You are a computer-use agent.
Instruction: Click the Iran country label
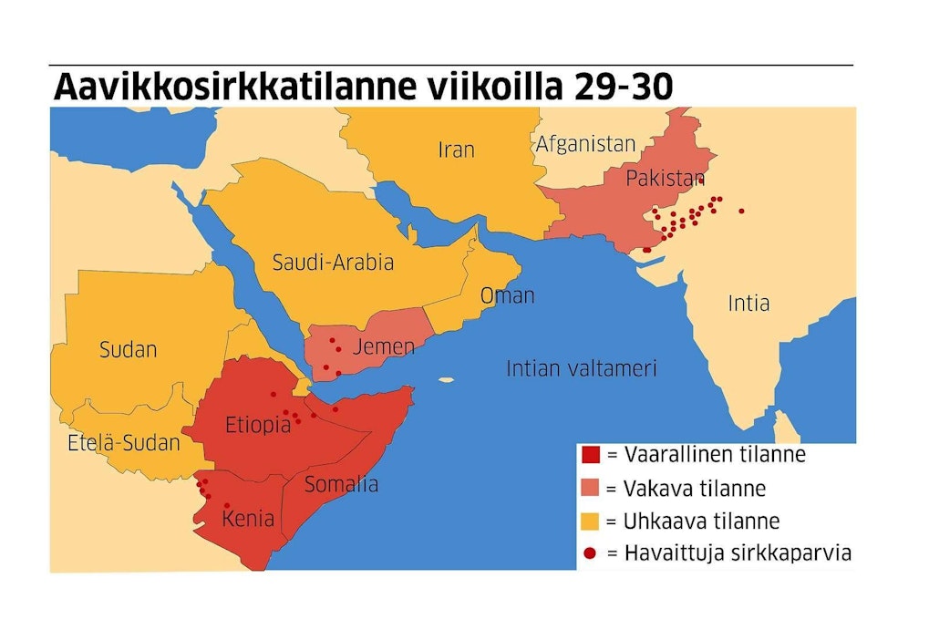click(x=456, y=149)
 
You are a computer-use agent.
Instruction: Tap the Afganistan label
click(x=584, y=143)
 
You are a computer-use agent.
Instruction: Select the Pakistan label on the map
click(x=666, y=179)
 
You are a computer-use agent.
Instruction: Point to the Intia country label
click(x=748, y=303)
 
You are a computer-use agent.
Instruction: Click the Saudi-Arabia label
click(x=333, y=263)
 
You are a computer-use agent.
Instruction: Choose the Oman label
click(x=507, y=295)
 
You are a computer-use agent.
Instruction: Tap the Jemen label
click(x=383, y=346)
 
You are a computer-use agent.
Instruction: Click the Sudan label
click(x=129, y=348)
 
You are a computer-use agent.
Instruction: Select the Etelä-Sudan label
click(x=124, y=444)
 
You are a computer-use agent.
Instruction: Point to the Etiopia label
click(x=258, y=425)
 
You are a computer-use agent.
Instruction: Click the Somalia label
click(x=341, y=484)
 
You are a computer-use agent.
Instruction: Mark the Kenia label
click(x=248, y=519)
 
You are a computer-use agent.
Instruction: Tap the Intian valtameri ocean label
click(x=582, y=368)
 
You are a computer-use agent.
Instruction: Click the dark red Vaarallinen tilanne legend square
click(x=590, y=454)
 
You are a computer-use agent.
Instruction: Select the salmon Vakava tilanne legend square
click(x=590, y=488)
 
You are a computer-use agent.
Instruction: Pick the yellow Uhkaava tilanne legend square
click(x=590, y=521)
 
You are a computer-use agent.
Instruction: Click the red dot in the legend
click(x=590, y=553)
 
